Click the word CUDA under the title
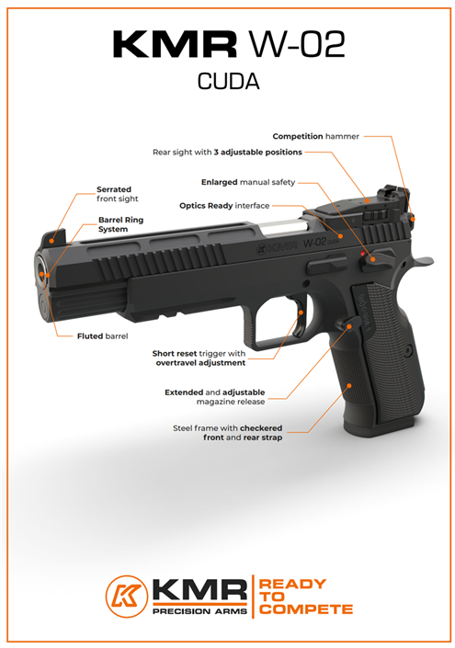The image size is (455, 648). [228, 82]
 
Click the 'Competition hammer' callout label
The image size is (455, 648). [315, 136]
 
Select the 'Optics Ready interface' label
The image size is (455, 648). [224, 206]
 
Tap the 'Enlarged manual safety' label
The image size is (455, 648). [248, 182]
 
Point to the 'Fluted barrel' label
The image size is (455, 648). [102, 336]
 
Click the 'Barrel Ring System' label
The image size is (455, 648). [120, 224]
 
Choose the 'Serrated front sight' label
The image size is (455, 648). [118, 194]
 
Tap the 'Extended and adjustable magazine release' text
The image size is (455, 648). [215, 397]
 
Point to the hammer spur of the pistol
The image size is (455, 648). [422, 261]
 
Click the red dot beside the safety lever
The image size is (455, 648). [363, 254]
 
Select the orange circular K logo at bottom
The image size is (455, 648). [127, 597]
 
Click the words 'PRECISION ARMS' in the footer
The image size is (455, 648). [199, 611]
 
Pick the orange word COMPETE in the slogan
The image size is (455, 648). [306, 609]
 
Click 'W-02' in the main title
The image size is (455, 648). [297, 44]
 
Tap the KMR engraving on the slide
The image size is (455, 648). [282, 247]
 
